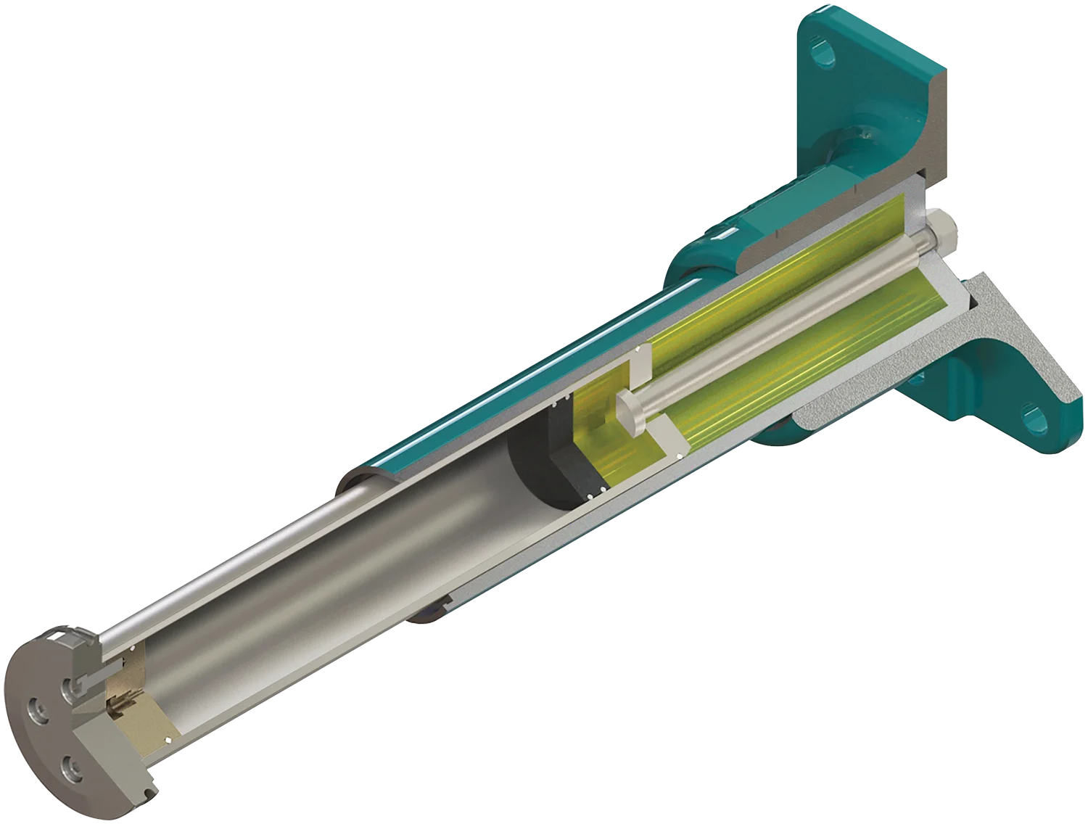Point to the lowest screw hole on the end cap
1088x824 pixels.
pos(73,765)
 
